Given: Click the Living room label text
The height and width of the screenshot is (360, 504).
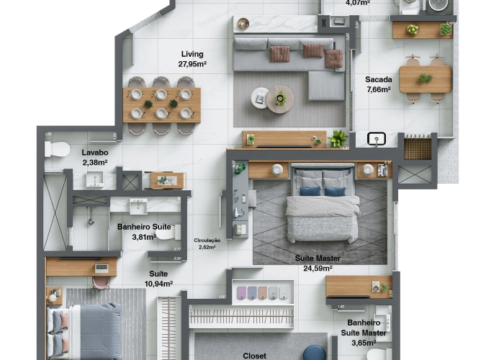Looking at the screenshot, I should (192, 54).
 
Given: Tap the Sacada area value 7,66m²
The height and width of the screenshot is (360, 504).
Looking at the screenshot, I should (378, 90).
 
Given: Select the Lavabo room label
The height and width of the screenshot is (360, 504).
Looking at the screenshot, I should (94, 153).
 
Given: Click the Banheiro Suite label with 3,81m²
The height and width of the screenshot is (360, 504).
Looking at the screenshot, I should (144, 227).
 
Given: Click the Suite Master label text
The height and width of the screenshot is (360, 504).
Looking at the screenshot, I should (318, 258).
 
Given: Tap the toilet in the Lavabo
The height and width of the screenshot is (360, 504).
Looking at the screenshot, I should (57, 150).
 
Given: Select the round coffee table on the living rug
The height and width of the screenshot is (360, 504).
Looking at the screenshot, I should (279, 99).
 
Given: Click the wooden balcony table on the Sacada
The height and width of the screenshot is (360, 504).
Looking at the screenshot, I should (425, 79).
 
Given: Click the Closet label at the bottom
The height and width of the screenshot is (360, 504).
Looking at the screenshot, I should (254, 356).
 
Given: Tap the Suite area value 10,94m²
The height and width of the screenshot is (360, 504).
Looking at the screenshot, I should (158, 284).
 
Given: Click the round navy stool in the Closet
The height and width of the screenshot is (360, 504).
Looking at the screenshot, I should (313, 352).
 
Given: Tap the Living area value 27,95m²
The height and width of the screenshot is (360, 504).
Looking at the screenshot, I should (194, 64).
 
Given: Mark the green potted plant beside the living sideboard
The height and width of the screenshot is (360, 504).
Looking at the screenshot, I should (337, 138).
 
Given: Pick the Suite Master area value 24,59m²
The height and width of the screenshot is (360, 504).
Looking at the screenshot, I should (318, 269).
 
